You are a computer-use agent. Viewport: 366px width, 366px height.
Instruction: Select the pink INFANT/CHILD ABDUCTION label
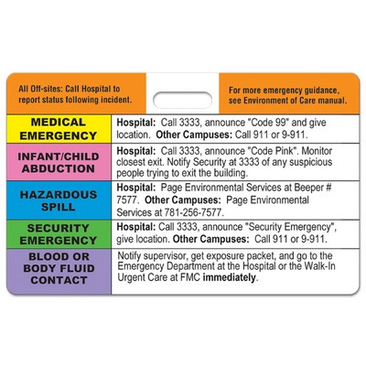point(58,164)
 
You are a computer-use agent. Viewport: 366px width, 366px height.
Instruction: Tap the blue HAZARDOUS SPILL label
point(58,200)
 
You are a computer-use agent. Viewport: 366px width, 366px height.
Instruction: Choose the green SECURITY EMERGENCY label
point(58,232)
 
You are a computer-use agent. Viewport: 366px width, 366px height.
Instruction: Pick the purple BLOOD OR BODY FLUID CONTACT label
point(58,269)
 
